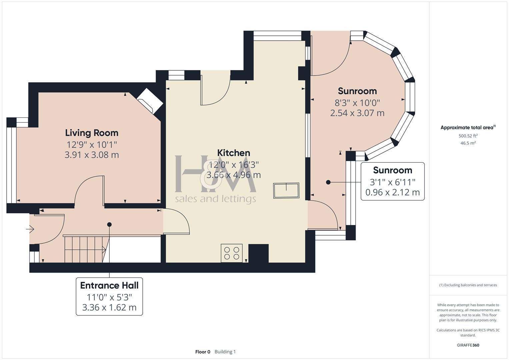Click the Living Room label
tap(92, 133)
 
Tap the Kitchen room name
tap(233, 153)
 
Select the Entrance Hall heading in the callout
tap(109, 286)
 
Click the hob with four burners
tap(232, 253)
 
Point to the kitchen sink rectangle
tap(286, 190)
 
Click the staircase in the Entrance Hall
tap(85, 249)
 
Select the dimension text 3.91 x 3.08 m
tap(92, 155)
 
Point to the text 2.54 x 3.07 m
tap(357, 113)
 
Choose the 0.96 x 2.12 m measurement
tap(392, 192)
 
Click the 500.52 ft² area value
tap(468, 136)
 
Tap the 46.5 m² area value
tap(468, 143)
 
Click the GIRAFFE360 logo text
tap(468, 345)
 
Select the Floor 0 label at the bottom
tap(203, 352)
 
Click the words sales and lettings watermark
tap(215, 199)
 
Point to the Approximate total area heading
tap(467, 128)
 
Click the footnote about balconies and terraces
tap(468, 285)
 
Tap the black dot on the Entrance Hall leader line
tap(109, 225)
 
